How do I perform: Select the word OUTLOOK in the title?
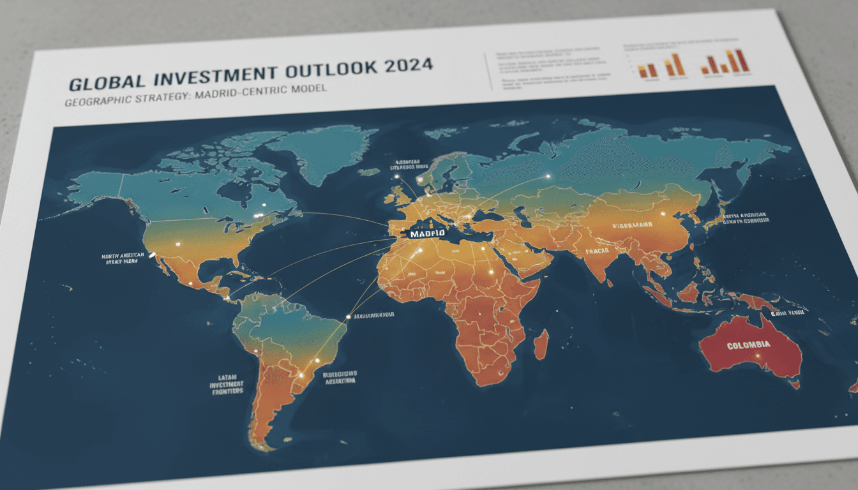tap(332, 70)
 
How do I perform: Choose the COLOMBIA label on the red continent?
tap(748, 345)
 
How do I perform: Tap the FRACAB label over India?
tap(597, 251)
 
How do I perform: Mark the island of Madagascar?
tap(541, 344)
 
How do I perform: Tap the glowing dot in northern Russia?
tap(548, 176)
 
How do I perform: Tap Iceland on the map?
tap(368, 172)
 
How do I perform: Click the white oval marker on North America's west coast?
tap(153, 256)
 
